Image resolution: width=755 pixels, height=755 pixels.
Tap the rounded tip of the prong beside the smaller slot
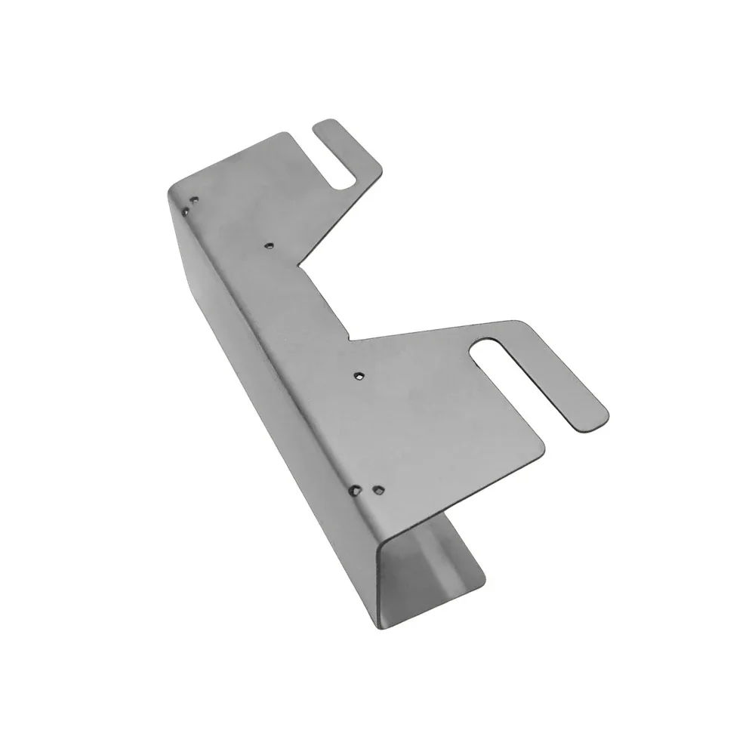coord(324,125)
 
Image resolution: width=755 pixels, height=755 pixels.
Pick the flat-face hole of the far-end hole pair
coord(195,201)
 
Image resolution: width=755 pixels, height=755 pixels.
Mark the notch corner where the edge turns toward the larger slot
coord(349,339)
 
